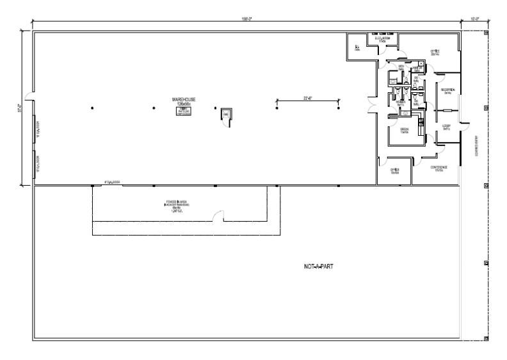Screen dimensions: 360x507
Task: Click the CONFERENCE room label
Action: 439,168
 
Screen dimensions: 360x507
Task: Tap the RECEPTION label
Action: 447,90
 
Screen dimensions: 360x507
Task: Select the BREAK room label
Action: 405,130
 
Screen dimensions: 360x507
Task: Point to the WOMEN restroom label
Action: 401,102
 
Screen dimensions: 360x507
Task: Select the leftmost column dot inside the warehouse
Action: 92,107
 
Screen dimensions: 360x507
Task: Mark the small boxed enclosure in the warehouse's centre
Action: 225,114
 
